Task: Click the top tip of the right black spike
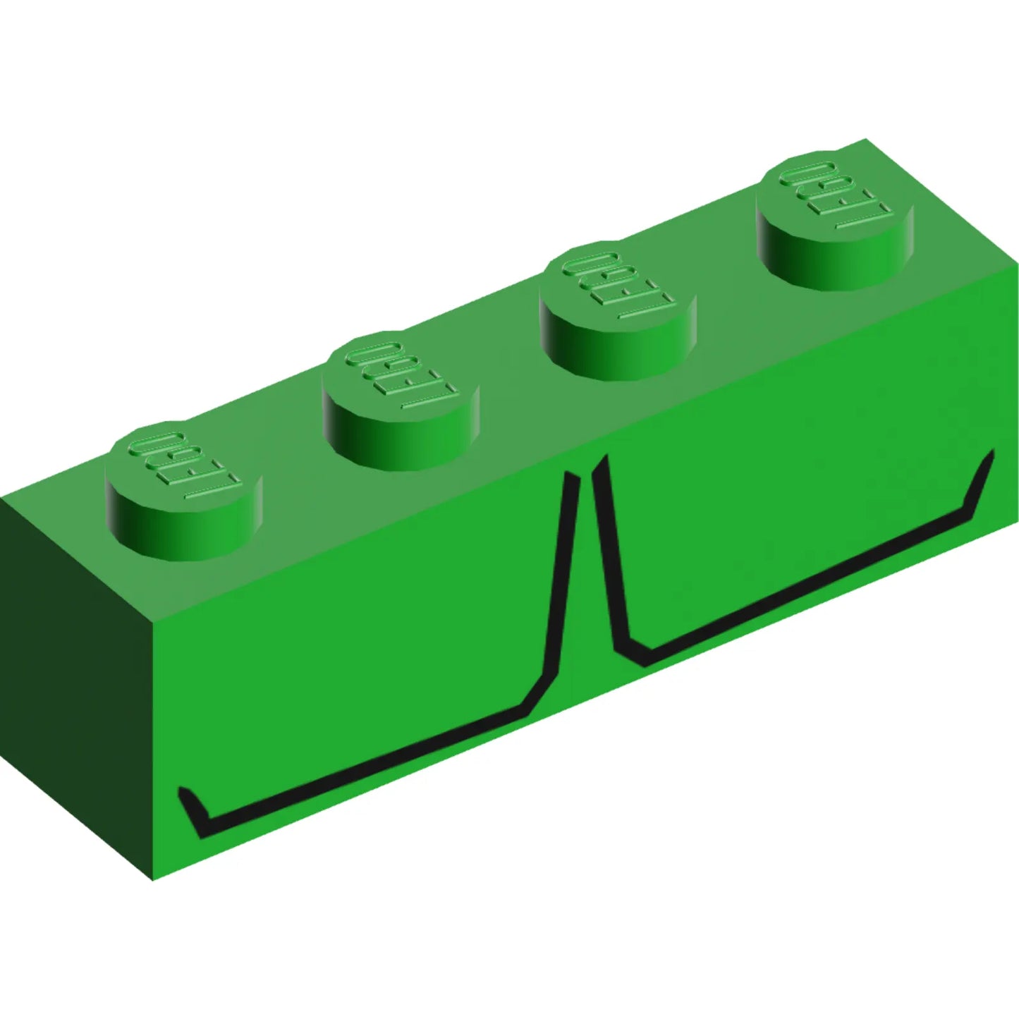600,460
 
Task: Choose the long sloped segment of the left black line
367,765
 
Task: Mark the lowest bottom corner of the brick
153,879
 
